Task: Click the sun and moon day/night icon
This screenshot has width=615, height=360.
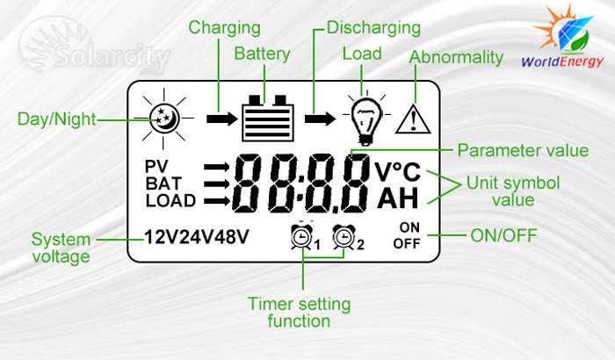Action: click(x=164, y=118)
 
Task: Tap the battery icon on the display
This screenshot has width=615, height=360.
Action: click(x=264, y=118)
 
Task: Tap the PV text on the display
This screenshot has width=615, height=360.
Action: click(x=156, y=166)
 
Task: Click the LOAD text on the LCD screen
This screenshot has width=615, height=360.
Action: click(x=170, y=201)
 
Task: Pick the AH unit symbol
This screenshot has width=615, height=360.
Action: click(x=398, y=199)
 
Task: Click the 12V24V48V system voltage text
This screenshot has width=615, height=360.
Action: click(x=197, y=237)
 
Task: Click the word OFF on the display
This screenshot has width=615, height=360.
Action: click(x=407, y=243)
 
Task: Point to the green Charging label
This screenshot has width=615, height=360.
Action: click(x=224, y=27)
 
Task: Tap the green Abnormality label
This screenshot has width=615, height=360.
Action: click(x=456, y=59)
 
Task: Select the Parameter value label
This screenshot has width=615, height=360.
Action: click(x=523, y=151)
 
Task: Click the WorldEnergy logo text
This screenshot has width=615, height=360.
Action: click(x=563, y=62)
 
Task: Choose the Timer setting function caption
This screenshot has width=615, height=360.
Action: click(x=299, y=313)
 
